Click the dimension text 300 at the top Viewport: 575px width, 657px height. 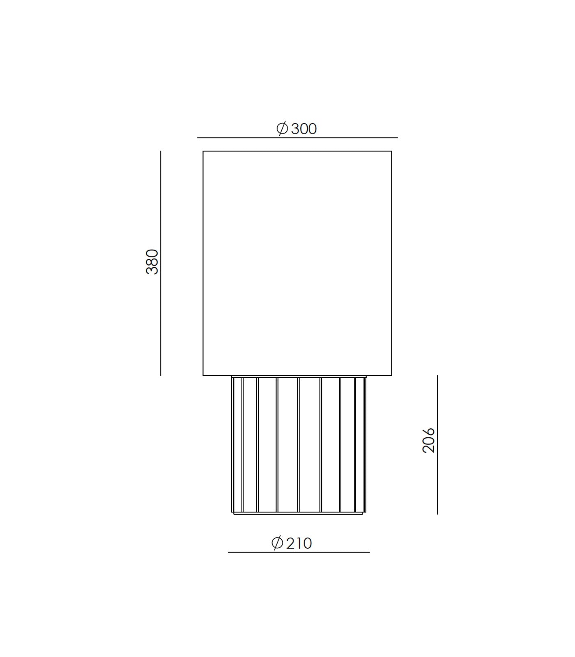pyautogui.click(x=304, y=129)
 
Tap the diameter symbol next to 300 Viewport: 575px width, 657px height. pyautogui.click(x=282, y=129)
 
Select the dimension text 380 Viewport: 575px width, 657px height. pyautogui.click(x=152, y=262)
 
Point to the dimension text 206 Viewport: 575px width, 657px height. pyautogui.click(x=429, y=440)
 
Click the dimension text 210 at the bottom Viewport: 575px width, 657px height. pyautogui.click(x=299, y=543)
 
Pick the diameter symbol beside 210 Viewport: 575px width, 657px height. pyautogui.click(x=277, y=543)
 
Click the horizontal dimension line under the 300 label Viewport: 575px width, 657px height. pyautogui.click(x=297, y=138)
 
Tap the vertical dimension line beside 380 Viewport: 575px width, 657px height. pyautogui.click(x=161, y=263)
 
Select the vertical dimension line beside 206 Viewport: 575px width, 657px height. pyautogui.click(x=437, y=444)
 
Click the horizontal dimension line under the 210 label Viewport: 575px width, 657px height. pyautogui.click(x=299, y=552)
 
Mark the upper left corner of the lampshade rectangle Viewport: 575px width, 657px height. pyautogui.click(x=203, y=152)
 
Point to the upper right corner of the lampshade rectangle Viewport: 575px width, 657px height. pyautogui.click(x=391, y=152)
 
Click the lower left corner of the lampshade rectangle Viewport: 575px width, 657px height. pyautogui.click(x=203, y=375)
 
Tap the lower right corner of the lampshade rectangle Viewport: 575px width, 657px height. pyautogui.click(x=391, y=375)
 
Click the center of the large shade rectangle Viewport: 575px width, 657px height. pyautogui.click(x=297, y=263)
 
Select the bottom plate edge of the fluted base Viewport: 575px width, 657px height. pyautogui.click(x=299, y=513)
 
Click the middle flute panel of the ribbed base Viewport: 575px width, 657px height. pyautogui.click(x=288, y=444)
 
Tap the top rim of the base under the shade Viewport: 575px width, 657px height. pyautogui.click(x=299, y=377)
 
